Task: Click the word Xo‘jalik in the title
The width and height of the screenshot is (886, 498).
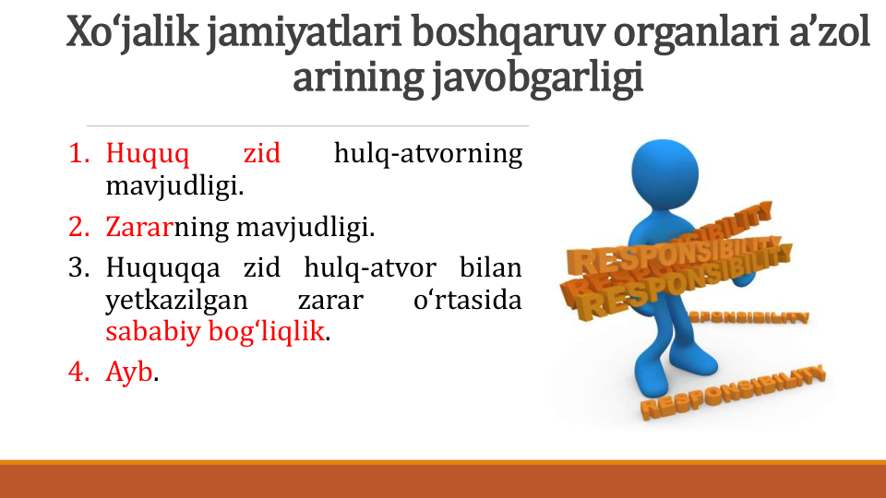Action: coord(132,33)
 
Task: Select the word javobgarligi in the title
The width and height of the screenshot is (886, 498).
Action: coord(538,77)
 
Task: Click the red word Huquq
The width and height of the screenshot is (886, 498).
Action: coord(148,154)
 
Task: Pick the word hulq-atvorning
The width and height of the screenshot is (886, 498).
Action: coord(427,154)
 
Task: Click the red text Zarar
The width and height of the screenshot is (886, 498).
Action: coord(139,227)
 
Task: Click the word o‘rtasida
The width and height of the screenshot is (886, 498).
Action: coord(467,300)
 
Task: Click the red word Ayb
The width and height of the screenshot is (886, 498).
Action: coord(129,373)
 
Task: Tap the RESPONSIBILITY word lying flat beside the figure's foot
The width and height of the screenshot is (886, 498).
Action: coord(733,393)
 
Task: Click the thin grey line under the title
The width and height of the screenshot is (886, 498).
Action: coord(307,126)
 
